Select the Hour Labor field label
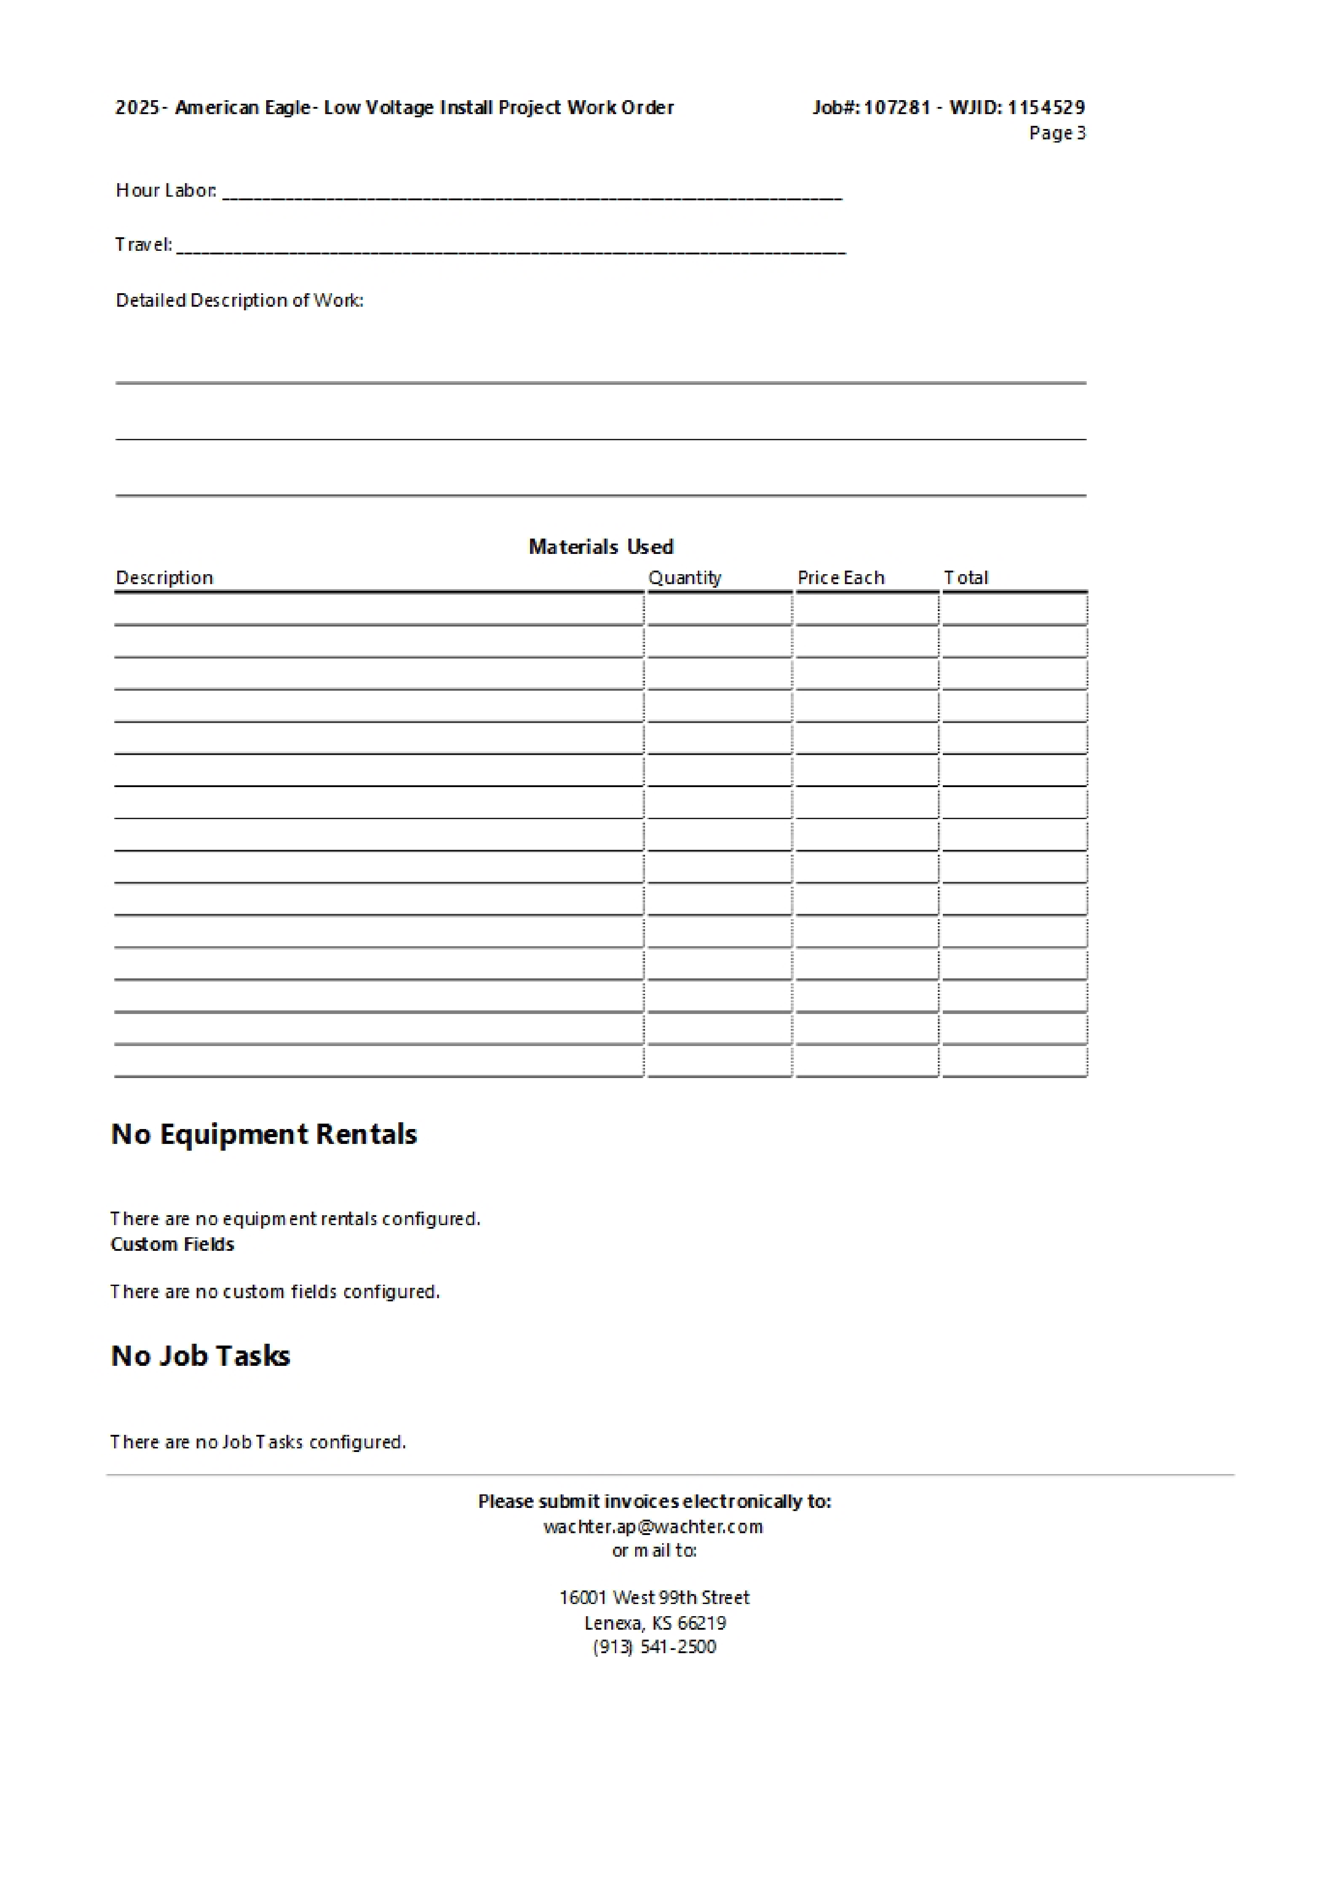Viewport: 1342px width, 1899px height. [x=166, y=190]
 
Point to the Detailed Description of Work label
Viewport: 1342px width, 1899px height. [x=239, y=300]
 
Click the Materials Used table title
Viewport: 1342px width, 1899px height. [x=601, y=547]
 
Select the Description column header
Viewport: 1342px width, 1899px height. [x=165, y=577]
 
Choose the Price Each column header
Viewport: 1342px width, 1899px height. [x=841, y=577]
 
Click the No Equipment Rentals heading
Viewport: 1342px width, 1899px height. [x=264, y=1134]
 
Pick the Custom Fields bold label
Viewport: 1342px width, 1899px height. [x=172, y=1244]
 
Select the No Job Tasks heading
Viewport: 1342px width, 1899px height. [x=200, y=1355]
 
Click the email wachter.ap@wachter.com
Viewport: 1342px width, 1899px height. [x=653, y=1526]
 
